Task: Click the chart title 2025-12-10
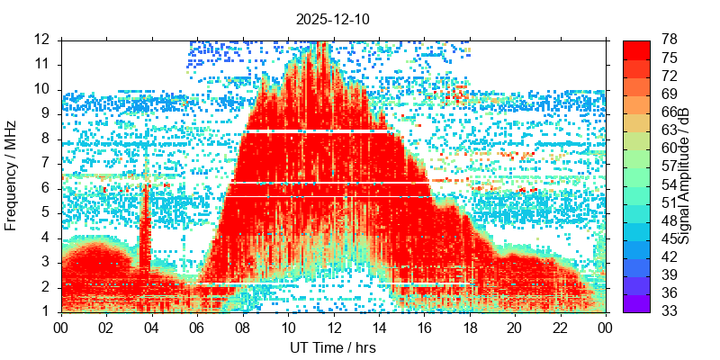click(x=332, y=19)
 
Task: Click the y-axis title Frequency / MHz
click(x=12, y=175)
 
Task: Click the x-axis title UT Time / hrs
click(x=332, y=347)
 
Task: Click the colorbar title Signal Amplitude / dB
click(x=684, y=175)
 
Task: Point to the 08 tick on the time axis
click(x=242, y=328)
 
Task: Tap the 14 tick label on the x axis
click(x=378, y=328)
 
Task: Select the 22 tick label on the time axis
click(x=559, y=328)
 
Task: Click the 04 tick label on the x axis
click(x=152, y=328)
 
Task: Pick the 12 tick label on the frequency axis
click(x=42, y=40)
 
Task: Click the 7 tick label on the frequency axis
click(x=47, y=163)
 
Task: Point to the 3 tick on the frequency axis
click(x=47, y=262)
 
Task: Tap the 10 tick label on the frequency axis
click(x=42, y=89)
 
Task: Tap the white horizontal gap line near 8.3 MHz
click(x=315, y=132)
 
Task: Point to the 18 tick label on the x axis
click(x=468, y=328)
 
